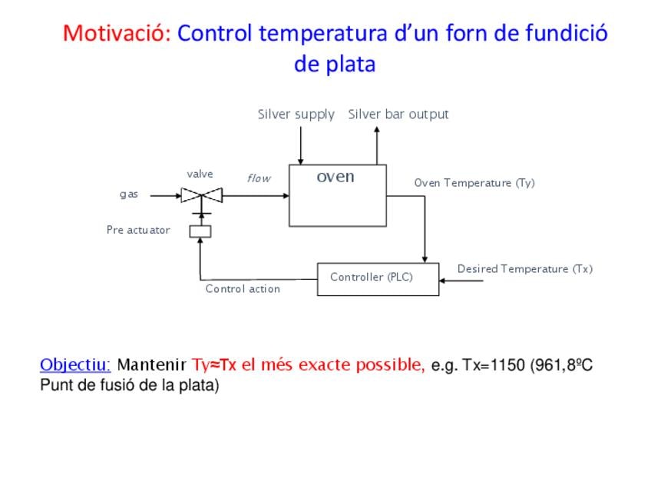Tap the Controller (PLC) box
pyautogui.click(x=378, y=278)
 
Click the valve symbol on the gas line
pyautogui.click(x=201, y=195)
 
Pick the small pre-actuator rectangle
pyautogui.click(x=200, y=231)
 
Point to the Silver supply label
pyautogui.click(x=296, y=115)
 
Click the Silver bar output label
pyautogui.click(x=398, y=115)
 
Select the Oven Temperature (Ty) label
pyautogui.click(x=474, y=183)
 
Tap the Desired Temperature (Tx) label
pyautogui.click(x=524, y=269)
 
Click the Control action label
pyautogui.click(x=243, y=289)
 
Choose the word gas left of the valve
pyautogui.click(x=129, y=195)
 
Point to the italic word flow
pyautogui.click(x=259, y=178)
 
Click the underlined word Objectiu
pyautogui.click(x=75, y=364)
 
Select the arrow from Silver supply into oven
pyautogui.click(x=301, y=145)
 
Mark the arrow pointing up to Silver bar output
pyautogui.click(x=377, y=144)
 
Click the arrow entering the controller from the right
pyautogui.click(x=461, y=281)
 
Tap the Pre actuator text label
pyautogui.click(x=138, y=230)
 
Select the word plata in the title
pyautogui.click(x=350, y=65)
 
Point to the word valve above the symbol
pyautogui.click(x=200, y=175)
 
